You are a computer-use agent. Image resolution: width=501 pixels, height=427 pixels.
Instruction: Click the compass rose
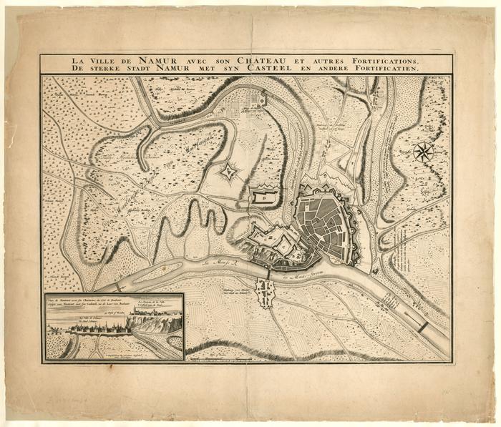(424, 151)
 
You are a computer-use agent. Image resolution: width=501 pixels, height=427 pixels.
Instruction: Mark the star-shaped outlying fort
(229, 171)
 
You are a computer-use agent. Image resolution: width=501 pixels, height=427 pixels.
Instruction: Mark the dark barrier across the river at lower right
(424, 326)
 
